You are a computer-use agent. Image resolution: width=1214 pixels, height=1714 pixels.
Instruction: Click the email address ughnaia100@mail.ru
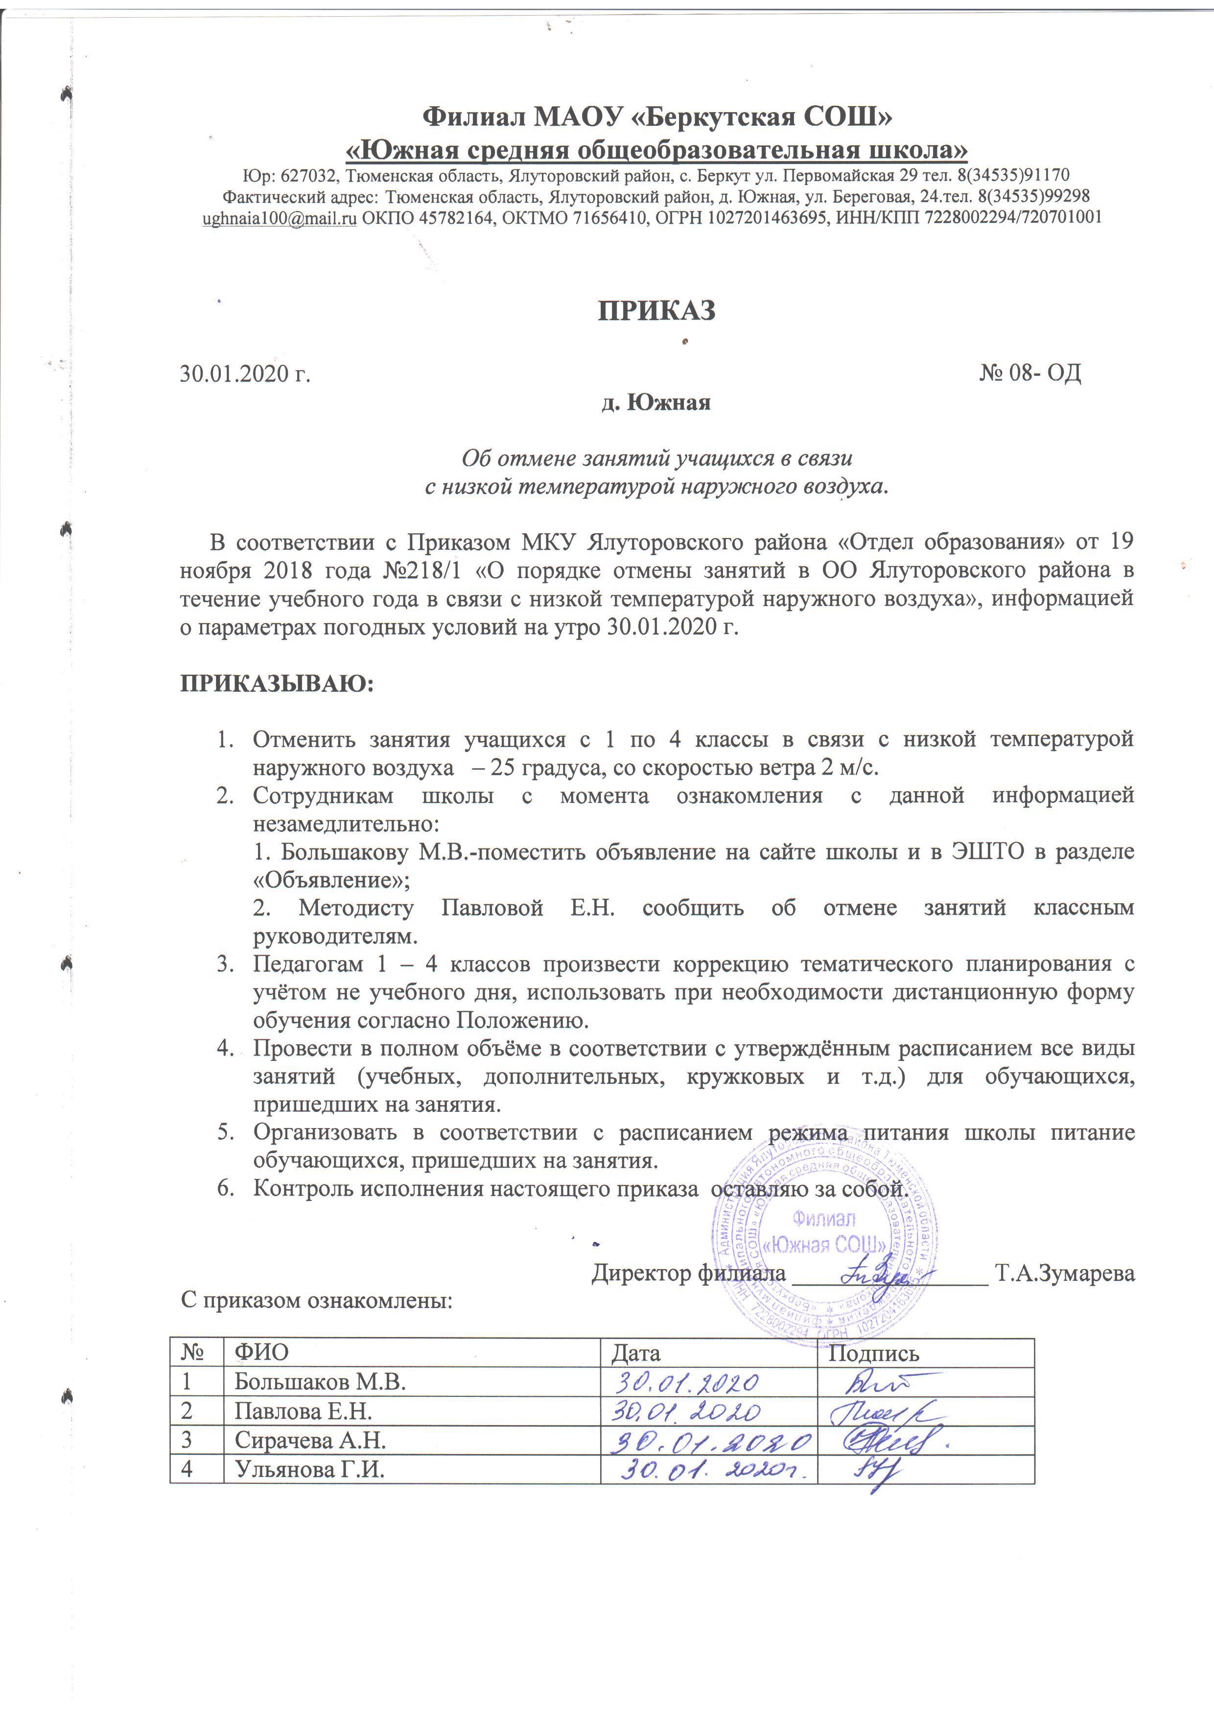280,217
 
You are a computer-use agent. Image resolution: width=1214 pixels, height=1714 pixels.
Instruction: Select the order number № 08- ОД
1029,372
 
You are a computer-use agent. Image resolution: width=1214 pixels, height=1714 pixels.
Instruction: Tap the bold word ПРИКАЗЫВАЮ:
277,684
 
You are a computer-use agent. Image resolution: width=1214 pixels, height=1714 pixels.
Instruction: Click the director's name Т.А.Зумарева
1065,1273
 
